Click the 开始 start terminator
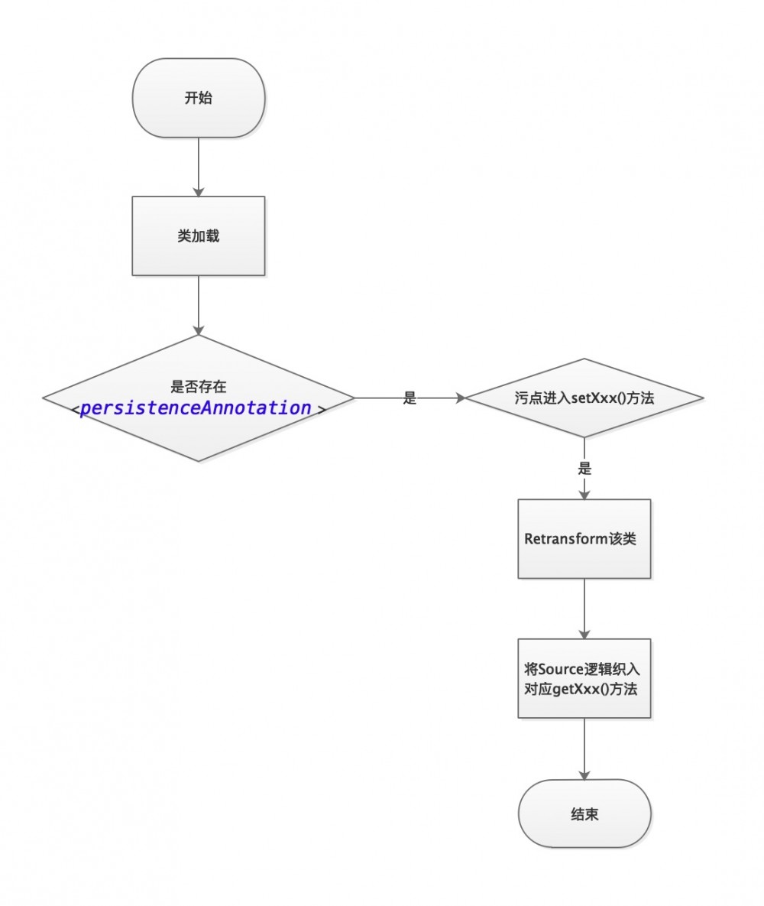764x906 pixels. [199, 98]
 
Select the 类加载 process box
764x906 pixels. [199, 235]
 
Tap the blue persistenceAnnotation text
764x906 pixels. [196, 408]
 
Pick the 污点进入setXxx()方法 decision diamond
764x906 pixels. [584, 398]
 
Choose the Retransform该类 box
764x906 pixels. [584, 538]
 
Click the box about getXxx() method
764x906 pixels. [584, 678]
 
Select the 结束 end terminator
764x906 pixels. [584, 813]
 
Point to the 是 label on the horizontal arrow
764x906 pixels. [410, 398]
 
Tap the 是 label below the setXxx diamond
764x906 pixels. [584, 468]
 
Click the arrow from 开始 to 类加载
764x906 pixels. [199, 167]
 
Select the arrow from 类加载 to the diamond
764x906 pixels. [199, 304]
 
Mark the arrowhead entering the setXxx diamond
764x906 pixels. [460, 398]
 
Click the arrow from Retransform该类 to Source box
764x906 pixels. [584, 608]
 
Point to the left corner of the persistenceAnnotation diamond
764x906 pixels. [44, 398]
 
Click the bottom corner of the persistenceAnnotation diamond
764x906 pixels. [199, 460]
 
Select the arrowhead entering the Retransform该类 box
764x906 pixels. [584, 494]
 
